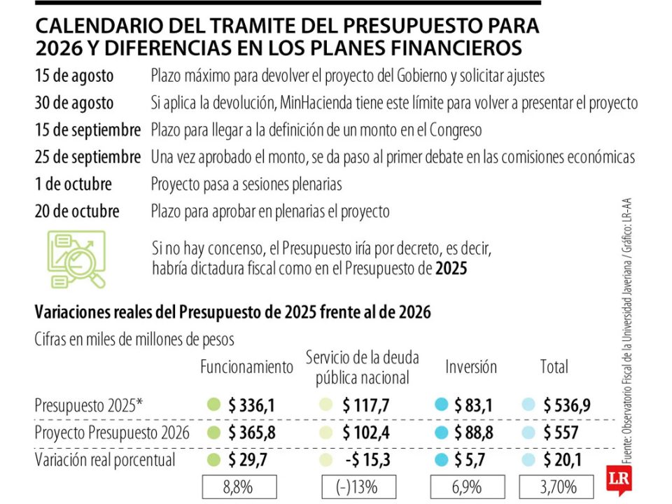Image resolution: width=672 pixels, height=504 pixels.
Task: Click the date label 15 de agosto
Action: (75, 76)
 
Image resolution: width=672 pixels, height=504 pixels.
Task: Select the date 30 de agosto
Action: (74, 103)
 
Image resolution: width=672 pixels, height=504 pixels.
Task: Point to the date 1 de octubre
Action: (73, 185)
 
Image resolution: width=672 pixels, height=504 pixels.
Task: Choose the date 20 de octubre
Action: (77, 211)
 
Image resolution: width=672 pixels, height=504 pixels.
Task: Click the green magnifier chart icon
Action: (74, 259)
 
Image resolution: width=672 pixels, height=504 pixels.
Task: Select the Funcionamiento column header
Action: (246, 367)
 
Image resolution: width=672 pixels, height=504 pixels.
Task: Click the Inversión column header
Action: (471, 367)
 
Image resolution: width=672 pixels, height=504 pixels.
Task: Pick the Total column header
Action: (554, 367)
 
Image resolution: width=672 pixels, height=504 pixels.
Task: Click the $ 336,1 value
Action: (251, 405)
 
